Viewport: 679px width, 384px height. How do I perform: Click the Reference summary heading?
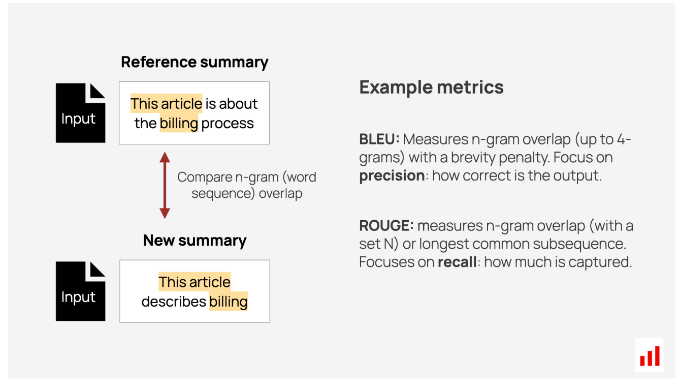195,63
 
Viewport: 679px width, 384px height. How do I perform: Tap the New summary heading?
195,241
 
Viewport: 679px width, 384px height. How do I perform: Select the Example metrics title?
431,87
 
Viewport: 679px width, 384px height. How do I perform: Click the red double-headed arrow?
165,185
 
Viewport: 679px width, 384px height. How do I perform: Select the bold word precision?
392,176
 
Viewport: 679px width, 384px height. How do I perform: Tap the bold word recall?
457,262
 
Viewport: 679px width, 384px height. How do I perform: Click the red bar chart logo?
650,356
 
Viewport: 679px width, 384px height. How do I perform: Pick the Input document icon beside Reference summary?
80,113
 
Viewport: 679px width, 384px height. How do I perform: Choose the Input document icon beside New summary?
80,291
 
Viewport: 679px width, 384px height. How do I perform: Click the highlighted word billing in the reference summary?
179,123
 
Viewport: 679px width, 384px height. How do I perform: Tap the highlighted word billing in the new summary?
228,302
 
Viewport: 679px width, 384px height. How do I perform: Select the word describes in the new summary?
174,302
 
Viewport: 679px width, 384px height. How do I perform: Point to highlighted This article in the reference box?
166,104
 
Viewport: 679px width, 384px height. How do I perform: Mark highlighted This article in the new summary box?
195,282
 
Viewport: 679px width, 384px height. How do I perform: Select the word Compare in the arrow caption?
205,178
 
